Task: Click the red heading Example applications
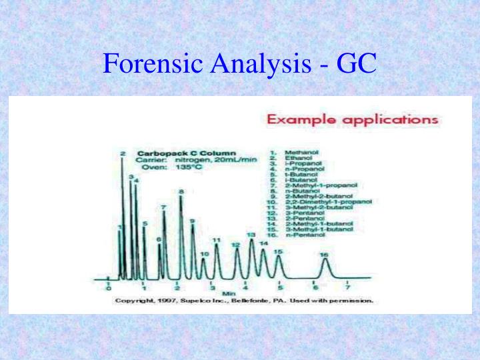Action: [x=353, y=120]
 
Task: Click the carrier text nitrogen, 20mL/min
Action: [x=216, y=160]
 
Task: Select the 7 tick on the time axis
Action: [x=348, y=287]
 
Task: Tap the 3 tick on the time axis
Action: [x=212, y=287]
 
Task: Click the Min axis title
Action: [x=229, y=293]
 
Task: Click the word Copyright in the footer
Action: [x=131, y=301]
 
